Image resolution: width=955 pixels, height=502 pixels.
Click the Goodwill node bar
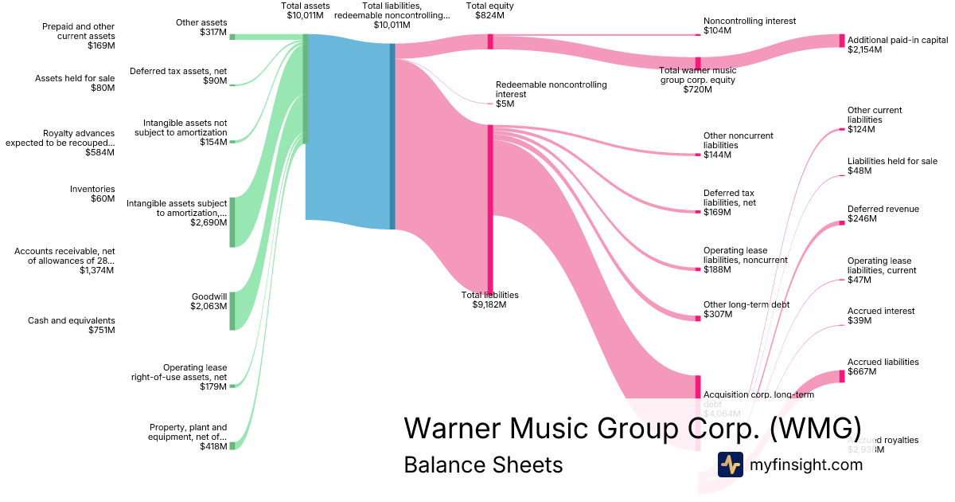point(232,311)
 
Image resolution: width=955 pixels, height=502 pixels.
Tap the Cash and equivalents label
point(72,325)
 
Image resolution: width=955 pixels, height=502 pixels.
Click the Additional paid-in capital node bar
point(842,41)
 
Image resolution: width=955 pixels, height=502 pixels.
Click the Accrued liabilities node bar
point(842,376)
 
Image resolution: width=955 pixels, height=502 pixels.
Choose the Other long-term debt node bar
point(698,317)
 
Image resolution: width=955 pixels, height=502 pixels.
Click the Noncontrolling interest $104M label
point(749,25)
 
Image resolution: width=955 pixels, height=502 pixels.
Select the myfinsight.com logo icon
point(730,465)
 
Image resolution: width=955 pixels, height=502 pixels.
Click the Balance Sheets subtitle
point(483,465)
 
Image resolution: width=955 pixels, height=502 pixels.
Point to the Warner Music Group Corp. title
point(632,428)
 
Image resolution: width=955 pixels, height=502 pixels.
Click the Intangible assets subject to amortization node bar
point(232,222)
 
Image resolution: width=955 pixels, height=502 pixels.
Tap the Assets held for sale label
point(75,83)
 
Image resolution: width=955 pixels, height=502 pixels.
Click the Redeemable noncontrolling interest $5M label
point(551,94)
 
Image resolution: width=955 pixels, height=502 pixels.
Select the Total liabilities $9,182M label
point(490,300)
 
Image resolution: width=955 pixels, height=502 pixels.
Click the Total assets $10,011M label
point(306,10)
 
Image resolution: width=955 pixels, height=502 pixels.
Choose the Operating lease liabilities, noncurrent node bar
point(698,269)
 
